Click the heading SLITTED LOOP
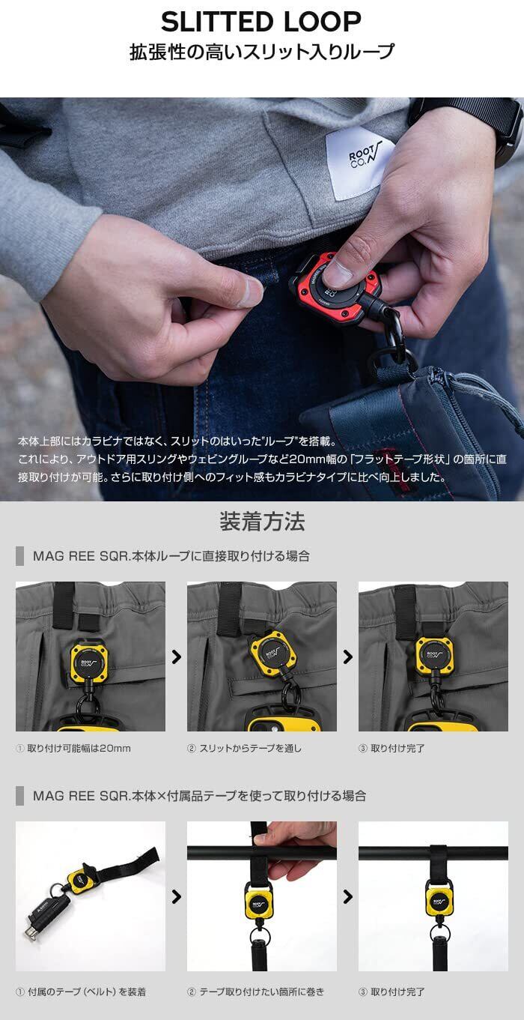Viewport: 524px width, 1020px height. (x=261, y=22)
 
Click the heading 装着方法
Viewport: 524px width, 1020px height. (x=262, y=522)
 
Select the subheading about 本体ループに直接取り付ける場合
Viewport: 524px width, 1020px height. (x=171, y=556)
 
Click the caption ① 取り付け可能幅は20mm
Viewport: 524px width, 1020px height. (x=73, y=748)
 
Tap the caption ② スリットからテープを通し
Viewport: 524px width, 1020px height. (x=244, y=748)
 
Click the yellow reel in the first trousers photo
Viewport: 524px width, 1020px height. (x=91, y=659)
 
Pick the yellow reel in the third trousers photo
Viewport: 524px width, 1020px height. (x=434, y=657)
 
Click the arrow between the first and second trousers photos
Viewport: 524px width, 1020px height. (x=177, y=657)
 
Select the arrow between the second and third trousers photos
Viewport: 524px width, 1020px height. (x=348, y=657)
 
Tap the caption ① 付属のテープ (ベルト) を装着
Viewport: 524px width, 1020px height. (x=81, y=992)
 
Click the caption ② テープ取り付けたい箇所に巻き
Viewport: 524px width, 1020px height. (x=255, y=992)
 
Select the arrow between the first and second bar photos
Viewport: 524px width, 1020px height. (x=177, y=896)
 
